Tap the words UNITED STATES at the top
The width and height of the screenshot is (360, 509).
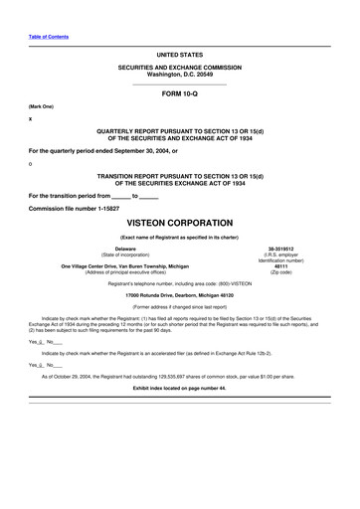click(179, 50)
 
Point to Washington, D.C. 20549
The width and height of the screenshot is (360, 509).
click(179, 73)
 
